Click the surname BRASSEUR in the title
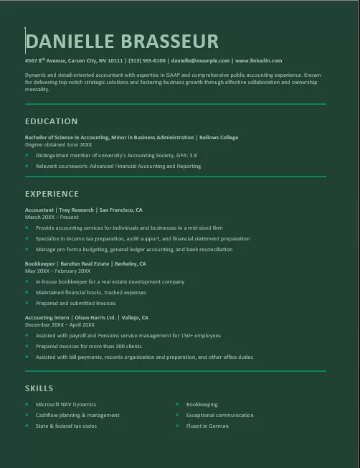[170, 41]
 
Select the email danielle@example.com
[200, 61]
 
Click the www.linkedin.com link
[258, 61]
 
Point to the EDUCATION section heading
[51, 121]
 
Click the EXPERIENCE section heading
[52, 194]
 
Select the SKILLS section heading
[39, 388]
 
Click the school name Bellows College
[219, 137]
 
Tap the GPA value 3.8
[193, 155]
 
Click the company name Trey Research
[76, 210]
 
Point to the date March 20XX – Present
[52, 217]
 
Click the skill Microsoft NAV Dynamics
[65, 404]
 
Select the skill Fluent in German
[207, 426]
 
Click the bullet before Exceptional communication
[177, 415]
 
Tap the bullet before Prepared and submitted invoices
[27, 302]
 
